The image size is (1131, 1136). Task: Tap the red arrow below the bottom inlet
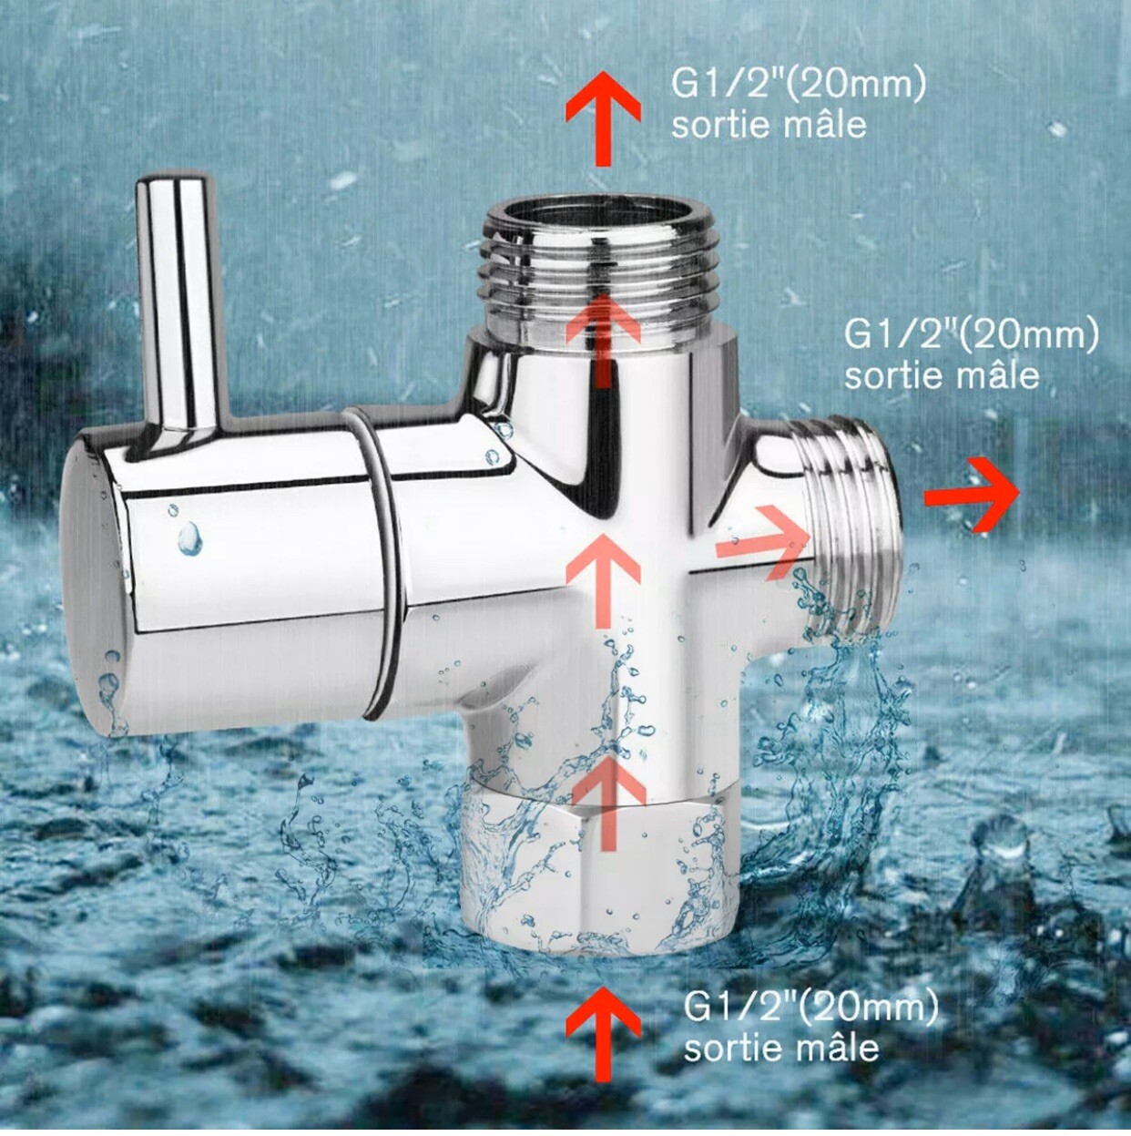coord(602,1034)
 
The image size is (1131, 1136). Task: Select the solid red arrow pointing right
coord(973,496)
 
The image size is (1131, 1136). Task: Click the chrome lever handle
coord(181,301)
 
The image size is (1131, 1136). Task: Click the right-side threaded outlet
coord(851,528)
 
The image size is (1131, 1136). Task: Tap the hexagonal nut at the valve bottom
coord(601,875)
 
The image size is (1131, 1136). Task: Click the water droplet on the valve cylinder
coord(189,539)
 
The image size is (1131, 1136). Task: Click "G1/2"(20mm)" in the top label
coord(799,85)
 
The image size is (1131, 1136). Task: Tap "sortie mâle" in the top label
coord(769,125)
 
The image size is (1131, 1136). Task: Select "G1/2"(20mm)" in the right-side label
coord(971,334)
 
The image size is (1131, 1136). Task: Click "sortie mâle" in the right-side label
coord(942,375)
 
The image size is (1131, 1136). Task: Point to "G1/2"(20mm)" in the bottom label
coord(810,1008)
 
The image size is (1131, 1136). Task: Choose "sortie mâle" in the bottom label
coord(781,1048)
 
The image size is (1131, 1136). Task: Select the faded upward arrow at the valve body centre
coord(602,578)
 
